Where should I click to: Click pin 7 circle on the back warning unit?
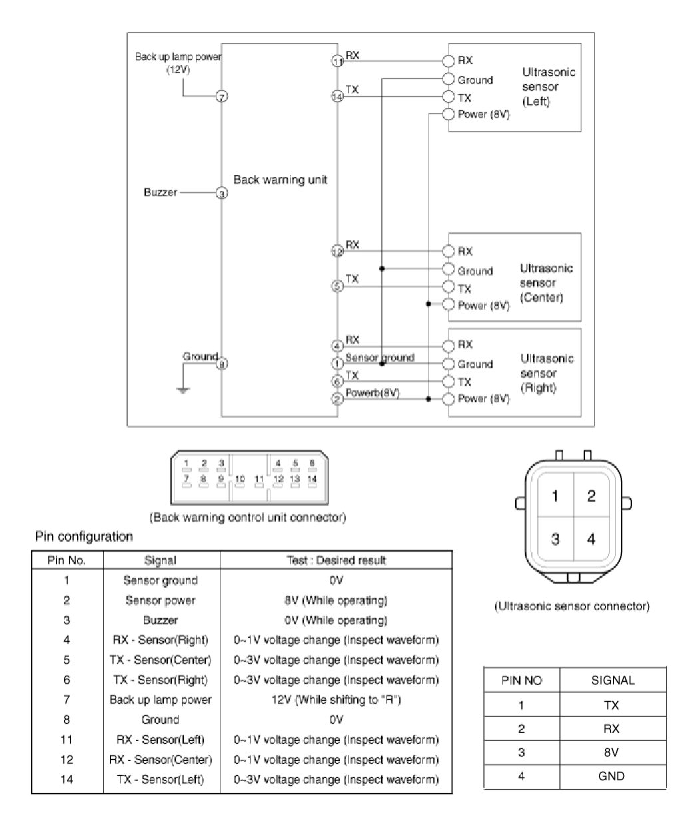coord(222,97)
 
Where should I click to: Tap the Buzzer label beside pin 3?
coord(160,193)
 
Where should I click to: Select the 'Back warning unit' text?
coord(280,180)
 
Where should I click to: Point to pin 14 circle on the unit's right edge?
coord(336,97)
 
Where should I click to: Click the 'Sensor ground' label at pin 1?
coord(379,358)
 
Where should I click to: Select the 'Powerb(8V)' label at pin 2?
coord(372,393)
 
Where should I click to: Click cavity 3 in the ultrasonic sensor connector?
coord(555,539)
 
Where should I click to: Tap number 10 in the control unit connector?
coord(240,478)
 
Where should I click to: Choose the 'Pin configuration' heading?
coord(83,536)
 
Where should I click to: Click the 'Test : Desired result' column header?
coord(336,560)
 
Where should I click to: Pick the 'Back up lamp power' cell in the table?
coord(160,700)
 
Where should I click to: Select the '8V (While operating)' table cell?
coord(336,600)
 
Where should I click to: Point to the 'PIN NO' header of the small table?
coord(521,681)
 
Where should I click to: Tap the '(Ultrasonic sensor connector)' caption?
coord(572,606)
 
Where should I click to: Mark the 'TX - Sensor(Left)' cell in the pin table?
coord(160,779)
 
